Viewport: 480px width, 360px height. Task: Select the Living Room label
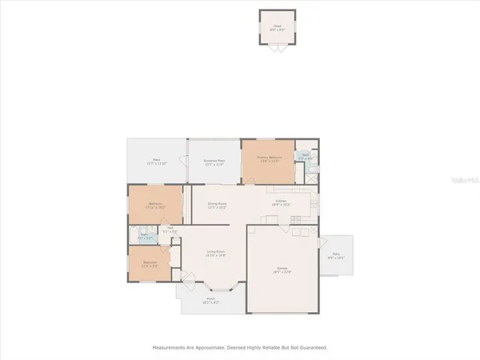(x=215, y=254)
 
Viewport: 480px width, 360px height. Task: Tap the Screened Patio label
(x=214, y=162)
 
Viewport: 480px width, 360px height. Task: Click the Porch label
(x=212, y=301)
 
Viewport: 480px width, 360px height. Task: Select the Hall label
(x=171, y=230)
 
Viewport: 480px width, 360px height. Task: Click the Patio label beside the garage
(x=336, y=257)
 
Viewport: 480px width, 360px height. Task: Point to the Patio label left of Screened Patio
(x=156, y=162)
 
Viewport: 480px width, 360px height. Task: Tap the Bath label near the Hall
(x=145, y=238)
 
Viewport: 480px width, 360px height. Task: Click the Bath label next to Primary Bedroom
(x=305, y=158)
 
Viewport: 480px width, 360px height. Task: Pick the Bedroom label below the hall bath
(x=150, y=264)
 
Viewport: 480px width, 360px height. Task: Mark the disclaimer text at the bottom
(x=240, y=347)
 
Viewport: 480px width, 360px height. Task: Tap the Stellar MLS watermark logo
(x=460, y=182)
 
